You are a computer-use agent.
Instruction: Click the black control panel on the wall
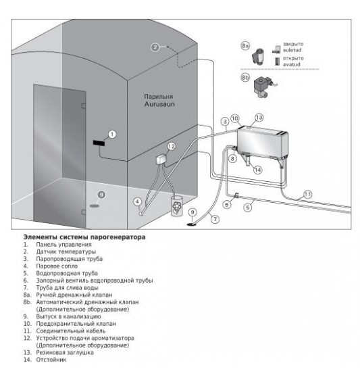[x=99, y=143]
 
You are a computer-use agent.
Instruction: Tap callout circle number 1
[x=112, y=135]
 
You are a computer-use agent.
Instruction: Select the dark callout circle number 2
[x=155, y=47]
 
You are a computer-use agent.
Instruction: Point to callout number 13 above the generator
[x=259, y=118]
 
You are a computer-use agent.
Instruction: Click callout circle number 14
[x=257, y=170]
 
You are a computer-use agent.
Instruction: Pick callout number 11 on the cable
[x=307, y=195]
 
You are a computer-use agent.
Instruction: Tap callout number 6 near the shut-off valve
[x=227, y=204]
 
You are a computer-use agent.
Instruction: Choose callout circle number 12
[x=172, y=147]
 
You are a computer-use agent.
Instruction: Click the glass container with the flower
[x=177, y=206]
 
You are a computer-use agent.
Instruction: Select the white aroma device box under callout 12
[x=161, y=159]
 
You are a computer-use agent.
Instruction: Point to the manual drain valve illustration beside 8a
[x=258, y=56]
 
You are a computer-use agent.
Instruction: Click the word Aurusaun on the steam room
[x=159, y=104]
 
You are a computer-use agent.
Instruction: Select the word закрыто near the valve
[x=293, y=44]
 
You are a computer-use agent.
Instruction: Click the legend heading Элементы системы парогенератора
[x=84, y=237]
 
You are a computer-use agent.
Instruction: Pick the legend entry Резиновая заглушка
[x=65, y=352]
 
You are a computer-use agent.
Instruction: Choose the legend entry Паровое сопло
[x=57, y=266]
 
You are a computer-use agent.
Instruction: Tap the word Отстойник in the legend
[x=51, y=360]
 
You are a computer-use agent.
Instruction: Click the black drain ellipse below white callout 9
[x=192, y=224]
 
